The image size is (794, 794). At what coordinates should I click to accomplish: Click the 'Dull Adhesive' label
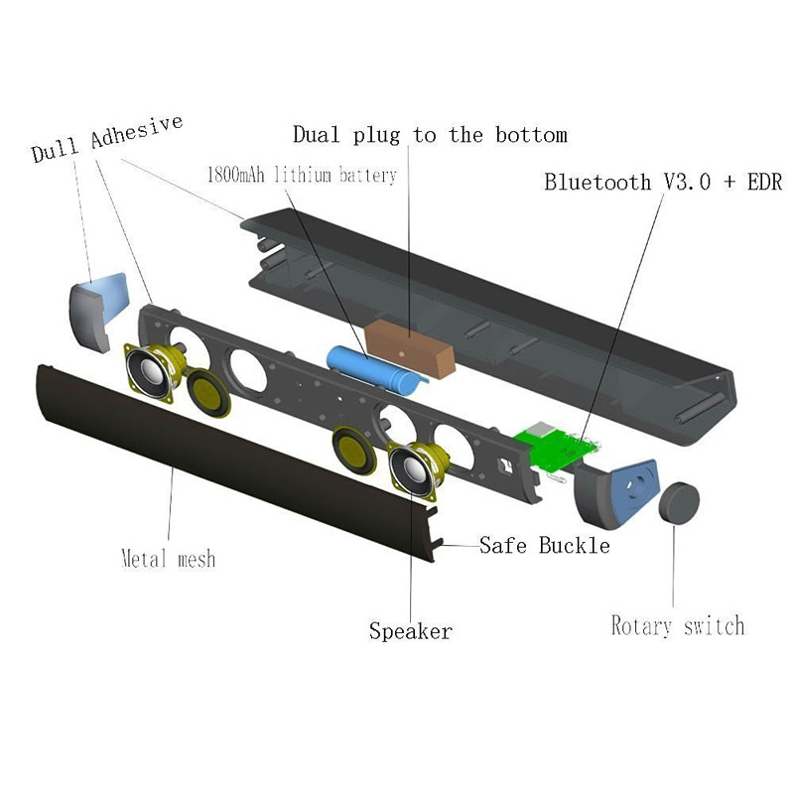tap(107, 139)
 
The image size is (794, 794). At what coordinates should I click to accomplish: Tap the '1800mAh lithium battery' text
tap(301, 176)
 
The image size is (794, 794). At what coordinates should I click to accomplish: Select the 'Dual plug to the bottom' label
tap(430, 134)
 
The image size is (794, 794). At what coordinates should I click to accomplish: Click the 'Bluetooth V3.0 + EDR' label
tap(663, 183)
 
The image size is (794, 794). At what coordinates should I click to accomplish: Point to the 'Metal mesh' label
tap(168, 558)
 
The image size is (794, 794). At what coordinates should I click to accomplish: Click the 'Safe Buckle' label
tap(544, 545)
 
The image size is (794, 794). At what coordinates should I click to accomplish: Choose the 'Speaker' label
tap(411, 630)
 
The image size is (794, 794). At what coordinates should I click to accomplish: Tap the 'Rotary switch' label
tap(677, 625)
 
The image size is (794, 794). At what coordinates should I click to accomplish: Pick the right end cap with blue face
tap(620, 490)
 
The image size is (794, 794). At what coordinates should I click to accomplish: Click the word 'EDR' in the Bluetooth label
tap(763, 183)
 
